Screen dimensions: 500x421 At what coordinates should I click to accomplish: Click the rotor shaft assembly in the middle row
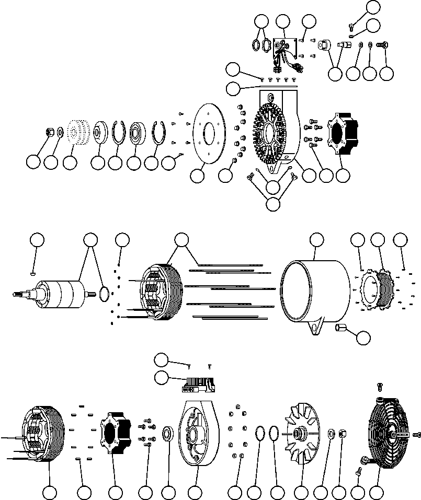pyautogui.click(x=58, y=293)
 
